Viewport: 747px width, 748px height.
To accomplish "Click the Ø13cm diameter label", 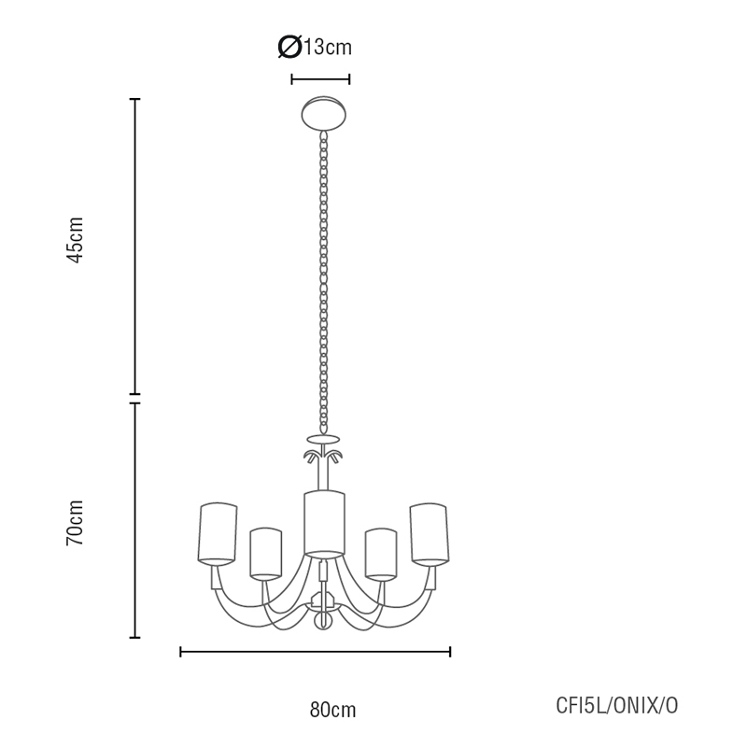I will click(x=316, y=47).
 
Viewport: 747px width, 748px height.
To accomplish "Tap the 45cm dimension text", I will click(x=76, y=240).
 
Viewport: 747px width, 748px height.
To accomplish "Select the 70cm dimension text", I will click(x=76, y=522).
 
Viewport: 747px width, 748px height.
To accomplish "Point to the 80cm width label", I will click(x=332, y=710).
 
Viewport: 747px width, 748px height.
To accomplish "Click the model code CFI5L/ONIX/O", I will click(x=617, y=706).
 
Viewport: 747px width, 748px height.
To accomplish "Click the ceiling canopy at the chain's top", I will click(x=324, y=112).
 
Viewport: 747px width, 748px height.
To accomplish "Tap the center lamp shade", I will click(x=324, y=523).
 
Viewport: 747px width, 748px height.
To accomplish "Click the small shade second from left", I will click(x=265, y=553).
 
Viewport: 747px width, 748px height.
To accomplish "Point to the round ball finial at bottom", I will click(x=324, y=621).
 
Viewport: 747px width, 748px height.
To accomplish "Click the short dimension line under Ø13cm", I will click(x=320, y=79).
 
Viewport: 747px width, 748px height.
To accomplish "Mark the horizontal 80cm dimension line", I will click(x=315, y=652).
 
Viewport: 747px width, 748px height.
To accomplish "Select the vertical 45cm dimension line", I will click(x=135, y=246).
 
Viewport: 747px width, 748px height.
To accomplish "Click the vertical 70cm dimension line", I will click(x=135, y=520).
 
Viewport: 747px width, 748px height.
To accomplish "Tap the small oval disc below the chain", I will click(x=324, y=438).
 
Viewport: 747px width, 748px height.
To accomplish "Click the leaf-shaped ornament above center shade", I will click(x=324, y=457).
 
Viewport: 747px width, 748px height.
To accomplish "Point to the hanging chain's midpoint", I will click(x=324, y=280).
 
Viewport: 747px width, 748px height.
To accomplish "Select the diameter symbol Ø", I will click(x=289, y=47).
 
